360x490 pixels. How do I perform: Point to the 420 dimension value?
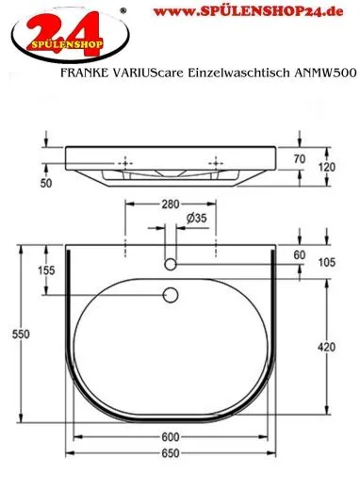[x=325, y=348]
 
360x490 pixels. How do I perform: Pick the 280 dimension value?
[x=171, y=203]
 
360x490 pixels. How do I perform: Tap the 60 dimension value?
[x=301, y=255]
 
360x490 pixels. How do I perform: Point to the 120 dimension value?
[x=325, y=166]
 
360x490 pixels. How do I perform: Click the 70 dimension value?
[x=301, y=160]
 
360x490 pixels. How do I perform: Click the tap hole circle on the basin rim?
[x=172, y=260]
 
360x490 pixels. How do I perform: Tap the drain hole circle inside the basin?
[x=172, y=296]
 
